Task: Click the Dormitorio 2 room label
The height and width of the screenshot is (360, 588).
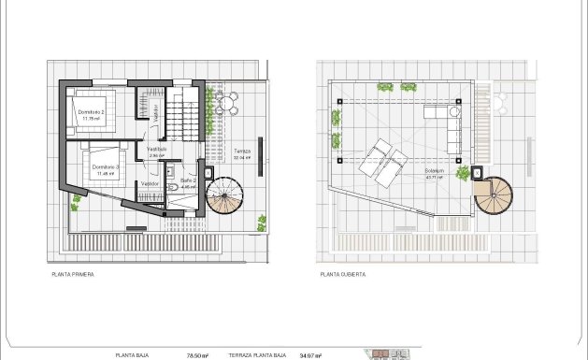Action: [91, 112]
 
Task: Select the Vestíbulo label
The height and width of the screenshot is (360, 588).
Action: [156, 149]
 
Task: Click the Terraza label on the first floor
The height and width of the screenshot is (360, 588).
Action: [242, 151]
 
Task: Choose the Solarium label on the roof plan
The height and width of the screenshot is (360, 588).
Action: [434, 172]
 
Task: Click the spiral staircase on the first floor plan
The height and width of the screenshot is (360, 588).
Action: [224, 195]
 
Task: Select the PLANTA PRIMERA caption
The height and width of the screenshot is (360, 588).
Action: [73, 275]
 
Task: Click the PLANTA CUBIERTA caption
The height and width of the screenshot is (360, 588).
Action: [343, 275]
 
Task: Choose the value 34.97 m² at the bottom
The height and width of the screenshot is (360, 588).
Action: [310, 355]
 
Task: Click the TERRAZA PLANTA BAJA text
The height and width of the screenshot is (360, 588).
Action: [256, 355]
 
